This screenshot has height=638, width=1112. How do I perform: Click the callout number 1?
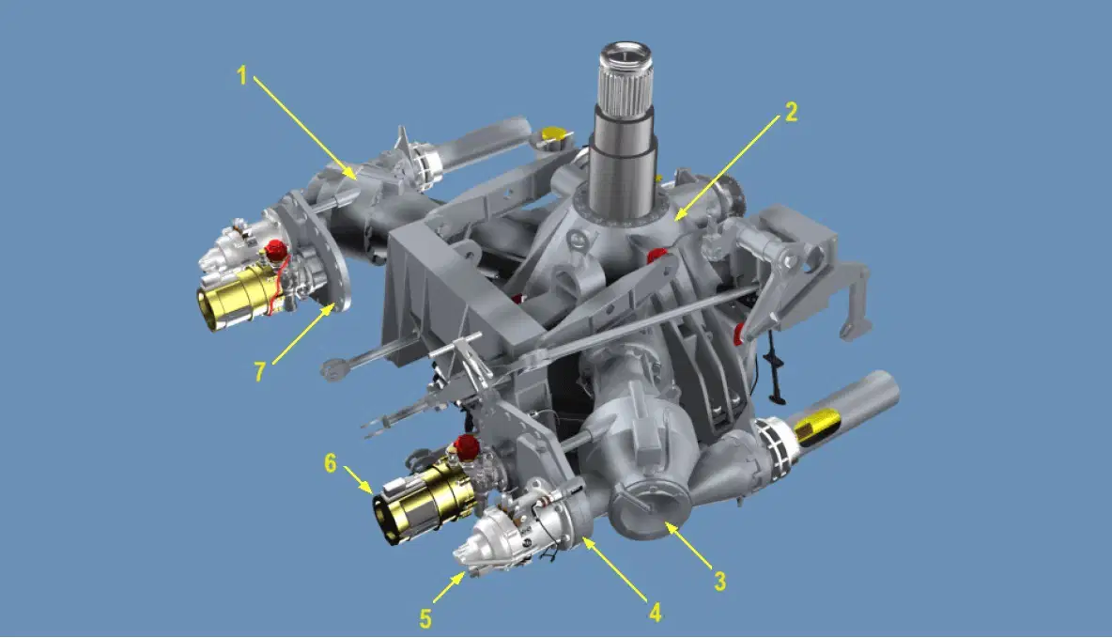click(241, 75)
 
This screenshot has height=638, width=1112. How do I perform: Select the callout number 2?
click(791, 112)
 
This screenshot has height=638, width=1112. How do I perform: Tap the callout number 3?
click(719, 582)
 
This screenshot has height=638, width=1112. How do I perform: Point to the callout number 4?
click(656, 612)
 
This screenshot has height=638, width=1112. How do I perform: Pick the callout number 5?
click(425, 619)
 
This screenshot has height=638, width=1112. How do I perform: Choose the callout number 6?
click(331, 463)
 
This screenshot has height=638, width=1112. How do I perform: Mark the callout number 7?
click(259, 371)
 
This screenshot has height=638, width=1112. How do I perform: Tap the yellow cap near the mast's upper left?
click(554, 135)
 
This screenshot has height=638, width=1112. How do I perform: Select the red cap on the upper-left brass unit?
click(275, 249)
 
